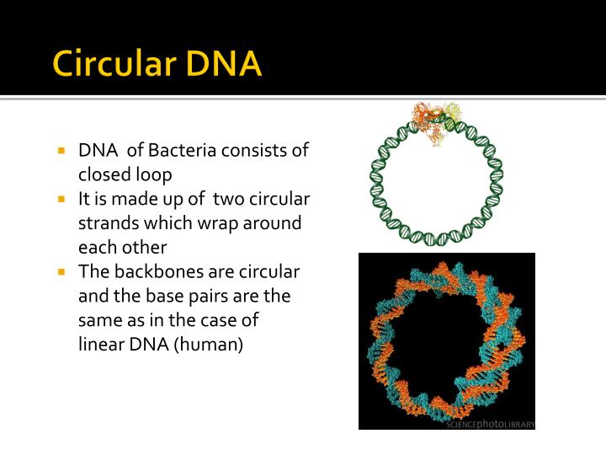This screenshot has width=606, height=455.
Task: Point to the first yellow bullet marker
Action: point(62,151)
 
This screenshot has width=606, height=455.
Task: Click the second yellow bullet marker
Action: point(62,200)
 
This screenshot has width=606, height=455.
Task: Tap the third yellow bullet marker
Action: point(62,272)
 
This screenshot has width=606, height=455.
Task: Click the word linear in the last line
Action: point(99,345)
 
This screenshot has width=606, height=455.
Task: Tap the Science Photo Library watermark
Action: point(491,424)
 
